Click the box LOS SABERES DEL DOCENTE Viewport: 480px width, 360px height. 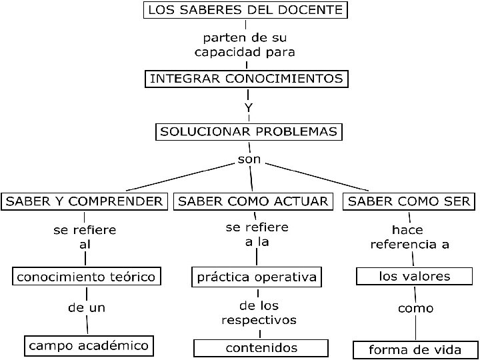(246, 10)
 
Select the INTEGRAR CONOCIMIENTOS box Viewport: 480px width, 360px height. (247, 79)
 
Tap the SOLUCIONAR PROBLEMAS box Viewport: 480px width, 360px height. (249, 131)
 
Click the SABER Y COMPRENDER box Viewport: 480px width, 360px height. (84, 201)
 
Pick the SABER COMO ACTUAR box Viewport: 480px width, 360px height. (253, 201)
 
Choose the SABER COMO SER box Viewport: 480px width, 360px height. (410, 201)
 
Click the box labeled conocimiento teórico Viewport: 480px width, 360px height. (87, 276)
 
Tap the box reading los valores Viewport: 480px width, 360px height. (415, 276)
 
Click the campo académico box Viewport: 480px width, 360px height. (89, 346)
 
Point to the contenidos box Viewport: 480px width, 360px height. (261, 348)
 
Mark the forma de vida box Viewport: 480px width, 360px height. (416, 349)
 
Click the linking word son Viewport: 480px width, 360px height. (249, 160)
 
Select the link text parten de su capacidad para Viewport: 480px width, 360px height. (245, 44)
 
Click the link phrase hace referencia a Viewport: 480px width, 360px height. (409, 237)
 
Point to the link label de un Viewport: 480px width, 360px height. (87, 308)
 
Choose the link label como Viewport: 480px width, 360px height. (415, 309)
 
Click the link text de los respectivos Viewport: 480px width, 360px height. (259, 313)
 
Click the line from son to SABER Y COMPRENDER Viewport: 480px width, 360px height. (180, 177)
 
